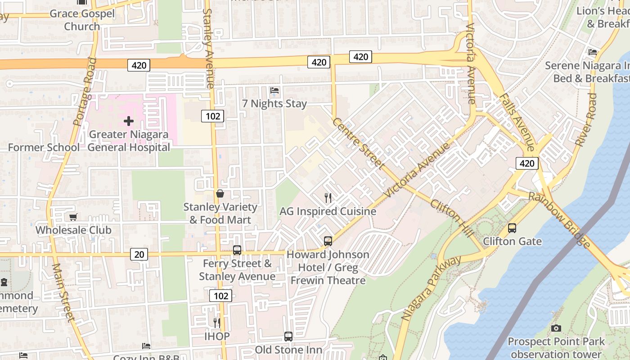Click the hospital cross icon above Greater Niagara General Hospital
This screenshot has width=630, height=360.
coord(129,121)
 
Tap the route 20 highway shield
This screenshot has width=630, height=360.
coord(139,254)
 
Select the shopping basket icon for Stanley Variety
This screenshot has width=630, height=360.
coord(220,194)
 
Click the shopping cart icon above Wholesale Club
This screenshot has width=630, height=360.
coord(73,217)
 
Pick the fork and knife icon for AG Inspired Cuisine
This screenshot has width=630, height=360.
coord(328,198)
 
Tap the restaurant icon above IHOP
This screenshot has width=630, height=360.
coord(217,323)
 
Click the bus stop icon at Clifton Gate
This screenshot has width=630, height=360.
coord(512,228)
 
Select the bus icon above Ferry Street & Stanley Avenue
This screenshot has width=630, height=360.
coord(237,250)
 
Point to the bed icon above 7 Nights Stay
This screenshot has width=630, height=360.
coord(274,90)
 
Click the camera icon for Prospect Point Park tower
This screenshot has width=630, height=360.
coord(556,328)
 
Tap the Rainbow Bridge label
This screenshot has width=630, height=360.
coord(559,220)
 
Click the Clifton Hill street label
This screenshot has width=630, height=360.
coord(452,218)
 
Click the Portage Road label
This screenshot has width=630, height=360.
coord(85,91)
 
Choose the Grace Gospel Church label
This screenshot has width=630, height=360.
coord(82,20)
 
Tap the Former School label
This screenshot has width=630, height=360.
coord(44,147)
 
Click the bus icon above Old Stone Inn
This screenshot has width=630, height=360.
coord(288,336)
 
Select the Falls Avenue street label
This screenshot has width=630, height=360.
coord(516,122)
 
